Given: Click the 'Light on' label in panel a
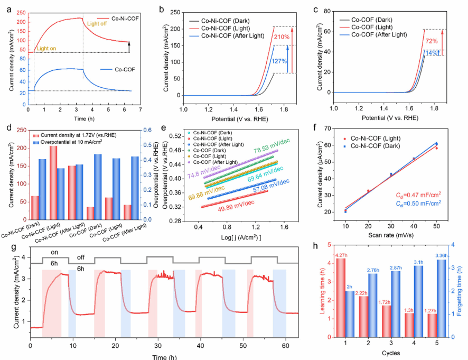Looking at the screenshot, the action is (46, 49).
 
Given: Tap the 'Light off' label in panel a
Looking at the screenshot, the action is (97, 24).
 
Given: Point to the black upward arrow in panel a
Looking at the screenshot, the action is (129, 47).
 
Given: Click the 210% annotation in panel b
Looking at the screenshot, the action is (282, 37).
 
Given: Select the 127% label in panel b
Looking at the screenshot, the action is (279, 61).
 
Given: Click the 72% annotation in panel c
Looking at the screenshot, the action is (432, 41).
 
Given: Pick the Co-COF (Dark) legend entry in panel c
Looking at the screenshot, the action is (366, 20).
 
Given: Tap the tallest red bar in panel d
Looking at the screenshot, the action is (53, 182).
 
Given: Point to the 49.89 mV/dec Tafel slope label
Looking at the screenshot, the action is (236, 206).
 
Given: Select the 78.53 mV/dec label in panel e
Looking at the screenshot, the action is (272, 146).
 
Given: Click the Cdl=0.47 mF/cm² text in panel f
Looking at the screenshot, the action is (418, 195).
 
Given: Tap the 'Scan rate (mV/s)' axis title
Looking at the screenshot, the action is (391, 235).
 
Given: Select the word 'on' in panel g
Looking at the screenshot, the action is (54, 253).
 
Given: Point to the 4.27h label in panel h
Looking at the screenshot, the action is (341, 255).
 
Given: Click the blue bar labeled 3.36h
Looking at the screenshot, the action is (442, 298).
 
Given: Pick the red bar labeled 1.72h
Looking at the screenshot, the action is (386, 321).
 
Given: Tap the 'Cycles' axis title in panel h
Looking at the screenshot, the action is (391, 353).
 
